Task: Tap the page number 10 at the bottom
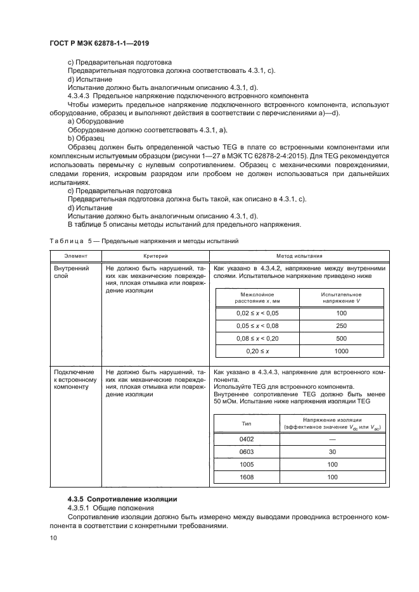tap(53, 538)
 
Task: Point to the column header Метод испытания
tap(299, 256)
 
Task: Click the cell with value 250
tap(342, 326)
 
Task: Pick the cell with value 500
tap(342, 339)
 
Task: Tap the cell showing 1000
tap(342, 351)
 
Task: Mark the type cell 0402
tap(246, 439)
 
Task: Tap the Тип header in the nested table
tap(246, 424)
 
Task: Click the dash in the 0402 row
tap(332, 439)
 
